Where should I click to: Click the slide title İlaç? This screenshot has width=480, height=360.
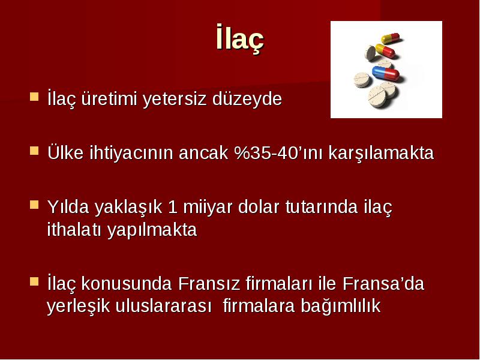coord(239,38)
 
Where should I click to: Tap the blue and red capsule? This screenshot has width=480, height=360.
coord(386,73)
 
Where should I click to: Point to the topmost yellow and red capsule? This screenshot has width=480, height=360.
coord(391,38)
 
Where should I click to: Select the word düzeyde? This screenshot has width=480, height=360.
coord(247,98)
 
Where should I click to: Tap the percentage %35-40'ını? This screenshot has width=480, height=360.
coord(278,152)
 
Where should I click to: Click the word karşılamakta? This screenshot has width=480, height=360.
coord(381,153)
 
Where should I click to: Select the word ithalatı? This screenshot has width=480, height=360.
coord(74,229)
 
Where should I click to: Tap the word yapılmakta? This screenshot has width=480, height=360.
coord(152,230)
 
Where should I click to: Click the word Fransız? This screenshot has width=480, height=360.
coord(209,283)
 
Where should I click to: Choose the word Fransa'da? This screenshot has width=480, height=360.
coord(383,283)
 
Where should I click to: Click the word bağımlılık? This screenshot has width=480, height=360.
coord(341,306)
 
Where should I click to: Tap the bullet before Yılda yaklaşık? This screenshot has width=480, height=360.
coord(34,205)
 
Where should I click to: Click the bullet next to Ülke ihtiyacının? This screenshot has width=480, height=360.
coord(34,151)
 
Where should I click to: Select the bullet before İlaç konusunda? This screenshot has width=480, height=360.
coord(34,281)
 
